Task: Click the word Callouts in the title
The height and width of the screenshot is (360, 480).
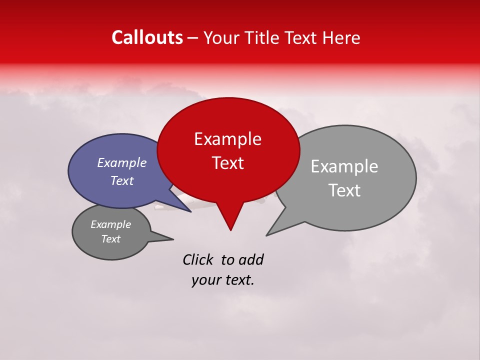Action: pyautogui.click(x=147, y=37)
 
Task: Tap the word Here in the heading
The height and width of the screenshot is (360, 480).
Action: pyautogui.click(x=341, y=37)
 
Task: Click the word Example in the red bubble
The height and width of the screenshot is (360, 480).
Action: pyautogui.click(x=227, y=139)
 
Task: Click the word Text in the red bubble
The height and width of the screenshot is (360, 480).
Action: pyautogui.click(x=227, y=163)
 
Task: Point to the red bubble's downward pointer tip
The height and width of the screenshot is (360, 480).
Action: pyautogui.click(x=230, y=230)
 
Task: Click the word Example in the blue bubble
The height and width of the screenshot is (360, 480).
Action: pyautogui.click(x=121, y=163)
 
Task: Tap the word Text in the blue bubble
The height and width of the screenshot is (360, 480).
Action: pyautogui.click(x=121, y=181)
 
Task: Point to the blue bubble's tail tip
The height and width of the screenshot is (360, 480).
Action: pyautogui.click(x=191, y=211)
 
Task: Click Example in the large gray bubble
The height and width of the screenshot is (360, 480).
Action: pyautogui.click(x=344, y=166)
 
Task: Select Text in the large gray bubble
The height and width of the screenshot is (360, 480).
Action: pyautogui.click(x=344, y=190)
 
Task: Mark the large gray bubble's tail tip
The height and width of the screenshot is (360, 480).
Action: pyautogui.click(x=266, y=235)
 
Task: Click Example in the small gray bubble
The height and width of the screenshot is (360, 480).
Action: pyautogui.click(x=110, y=224)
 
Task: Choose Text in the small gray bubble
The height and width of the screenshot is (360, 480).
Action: pyautogui.click(x=110, y=239)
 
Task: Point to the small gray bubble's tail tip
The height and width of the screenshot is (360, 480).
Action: pyautogui.click(x=173, y=239)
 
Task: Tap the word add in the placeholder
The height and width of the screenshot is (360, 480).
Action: pyautogui.click(x=251, y=259)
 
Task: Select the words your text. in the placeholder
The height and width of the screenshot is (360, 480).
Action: pyautogui.click(x=222, y=280)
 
